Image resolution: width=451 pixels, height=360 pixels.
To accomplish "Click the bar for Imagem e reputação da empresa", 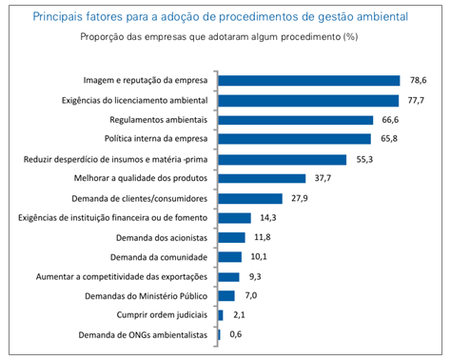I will [x=308, y=80].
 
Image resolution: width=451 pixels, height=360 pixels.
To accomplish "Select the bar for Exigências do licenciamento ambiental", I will [x=307, y=100].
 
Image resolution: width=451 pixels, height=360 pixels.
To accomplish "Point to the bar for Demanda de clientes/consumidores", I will [x=250, y=198].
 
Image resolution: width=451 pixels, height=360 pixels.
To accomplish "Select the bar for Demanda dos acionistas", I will [x=231, y=237].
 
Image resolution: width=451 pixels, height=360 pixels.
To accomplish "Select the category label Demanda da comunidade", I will [x=160, y=257].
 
